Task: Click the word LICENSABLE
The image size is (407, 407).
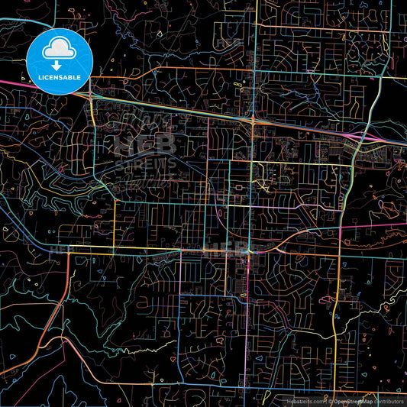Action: [x=57, y=77]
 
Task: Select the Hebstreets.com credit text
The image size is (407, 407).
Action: [x=304, y=401]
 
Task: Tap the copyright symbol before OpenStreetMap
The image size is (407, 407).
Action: [x=330, y=401]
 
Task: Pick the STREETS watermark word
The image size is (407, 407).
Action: [x=145, y=163]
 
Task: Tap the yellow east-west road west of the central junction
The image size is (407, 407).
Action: [x=153, y=250]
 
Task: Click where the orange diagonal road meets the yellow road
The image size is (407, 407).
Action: [x=69, y=253]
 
